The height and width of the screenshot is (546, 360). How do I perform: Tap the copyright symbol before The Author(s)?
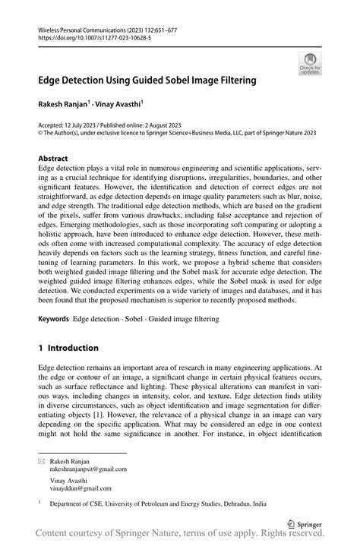(x=41, y=132)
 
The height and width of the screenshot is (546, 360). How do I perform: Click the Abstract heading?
(x=53, y=159)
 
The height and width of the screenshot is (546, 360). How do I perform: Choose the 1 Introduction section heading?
(x=68, y=348)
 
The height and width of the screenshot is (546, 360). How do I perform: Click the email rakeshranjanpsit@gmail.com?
(x=88, y=469)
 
